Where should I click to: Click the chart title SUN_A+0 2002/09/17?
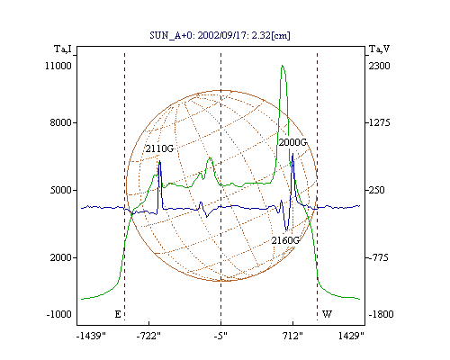(x=220, y=35)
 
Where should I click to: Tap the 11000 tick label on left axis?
(x=58, y=66)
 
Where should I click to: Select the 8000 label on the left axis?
(x=60, y=122)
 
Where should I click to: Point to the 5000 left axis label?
(x=60, y=190)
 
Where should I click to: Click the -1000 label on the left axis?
(x=58, y=314)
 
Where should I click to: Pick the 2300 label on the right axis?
(x=379, y=66)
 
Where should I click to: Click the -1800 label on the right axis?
(x=381, y=314)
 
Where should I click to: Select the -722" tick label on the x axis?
(x=148, y=336)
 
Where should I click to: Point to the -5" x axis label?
(x=220, y=336)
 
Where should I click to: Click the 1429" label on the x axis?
(x=351, y=336)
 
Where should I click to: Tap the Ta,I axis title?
(x=63, y=49)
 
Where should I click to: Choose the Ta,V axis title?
(x=379, y=49)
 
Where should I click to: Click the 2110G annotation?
(x=159, y=148)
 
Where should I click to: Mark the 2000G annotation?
(x=292, y=142)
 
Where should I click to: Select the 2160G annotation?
(x=285, y=240)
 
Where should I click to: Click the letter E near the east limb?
(x=118, y=314)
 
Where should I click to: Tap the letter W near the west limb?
(x=327, y=314)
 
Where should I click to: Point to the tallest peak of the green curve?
(x=283, y=66)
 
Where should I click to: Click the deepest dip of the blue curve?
(x=286, y=230)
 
